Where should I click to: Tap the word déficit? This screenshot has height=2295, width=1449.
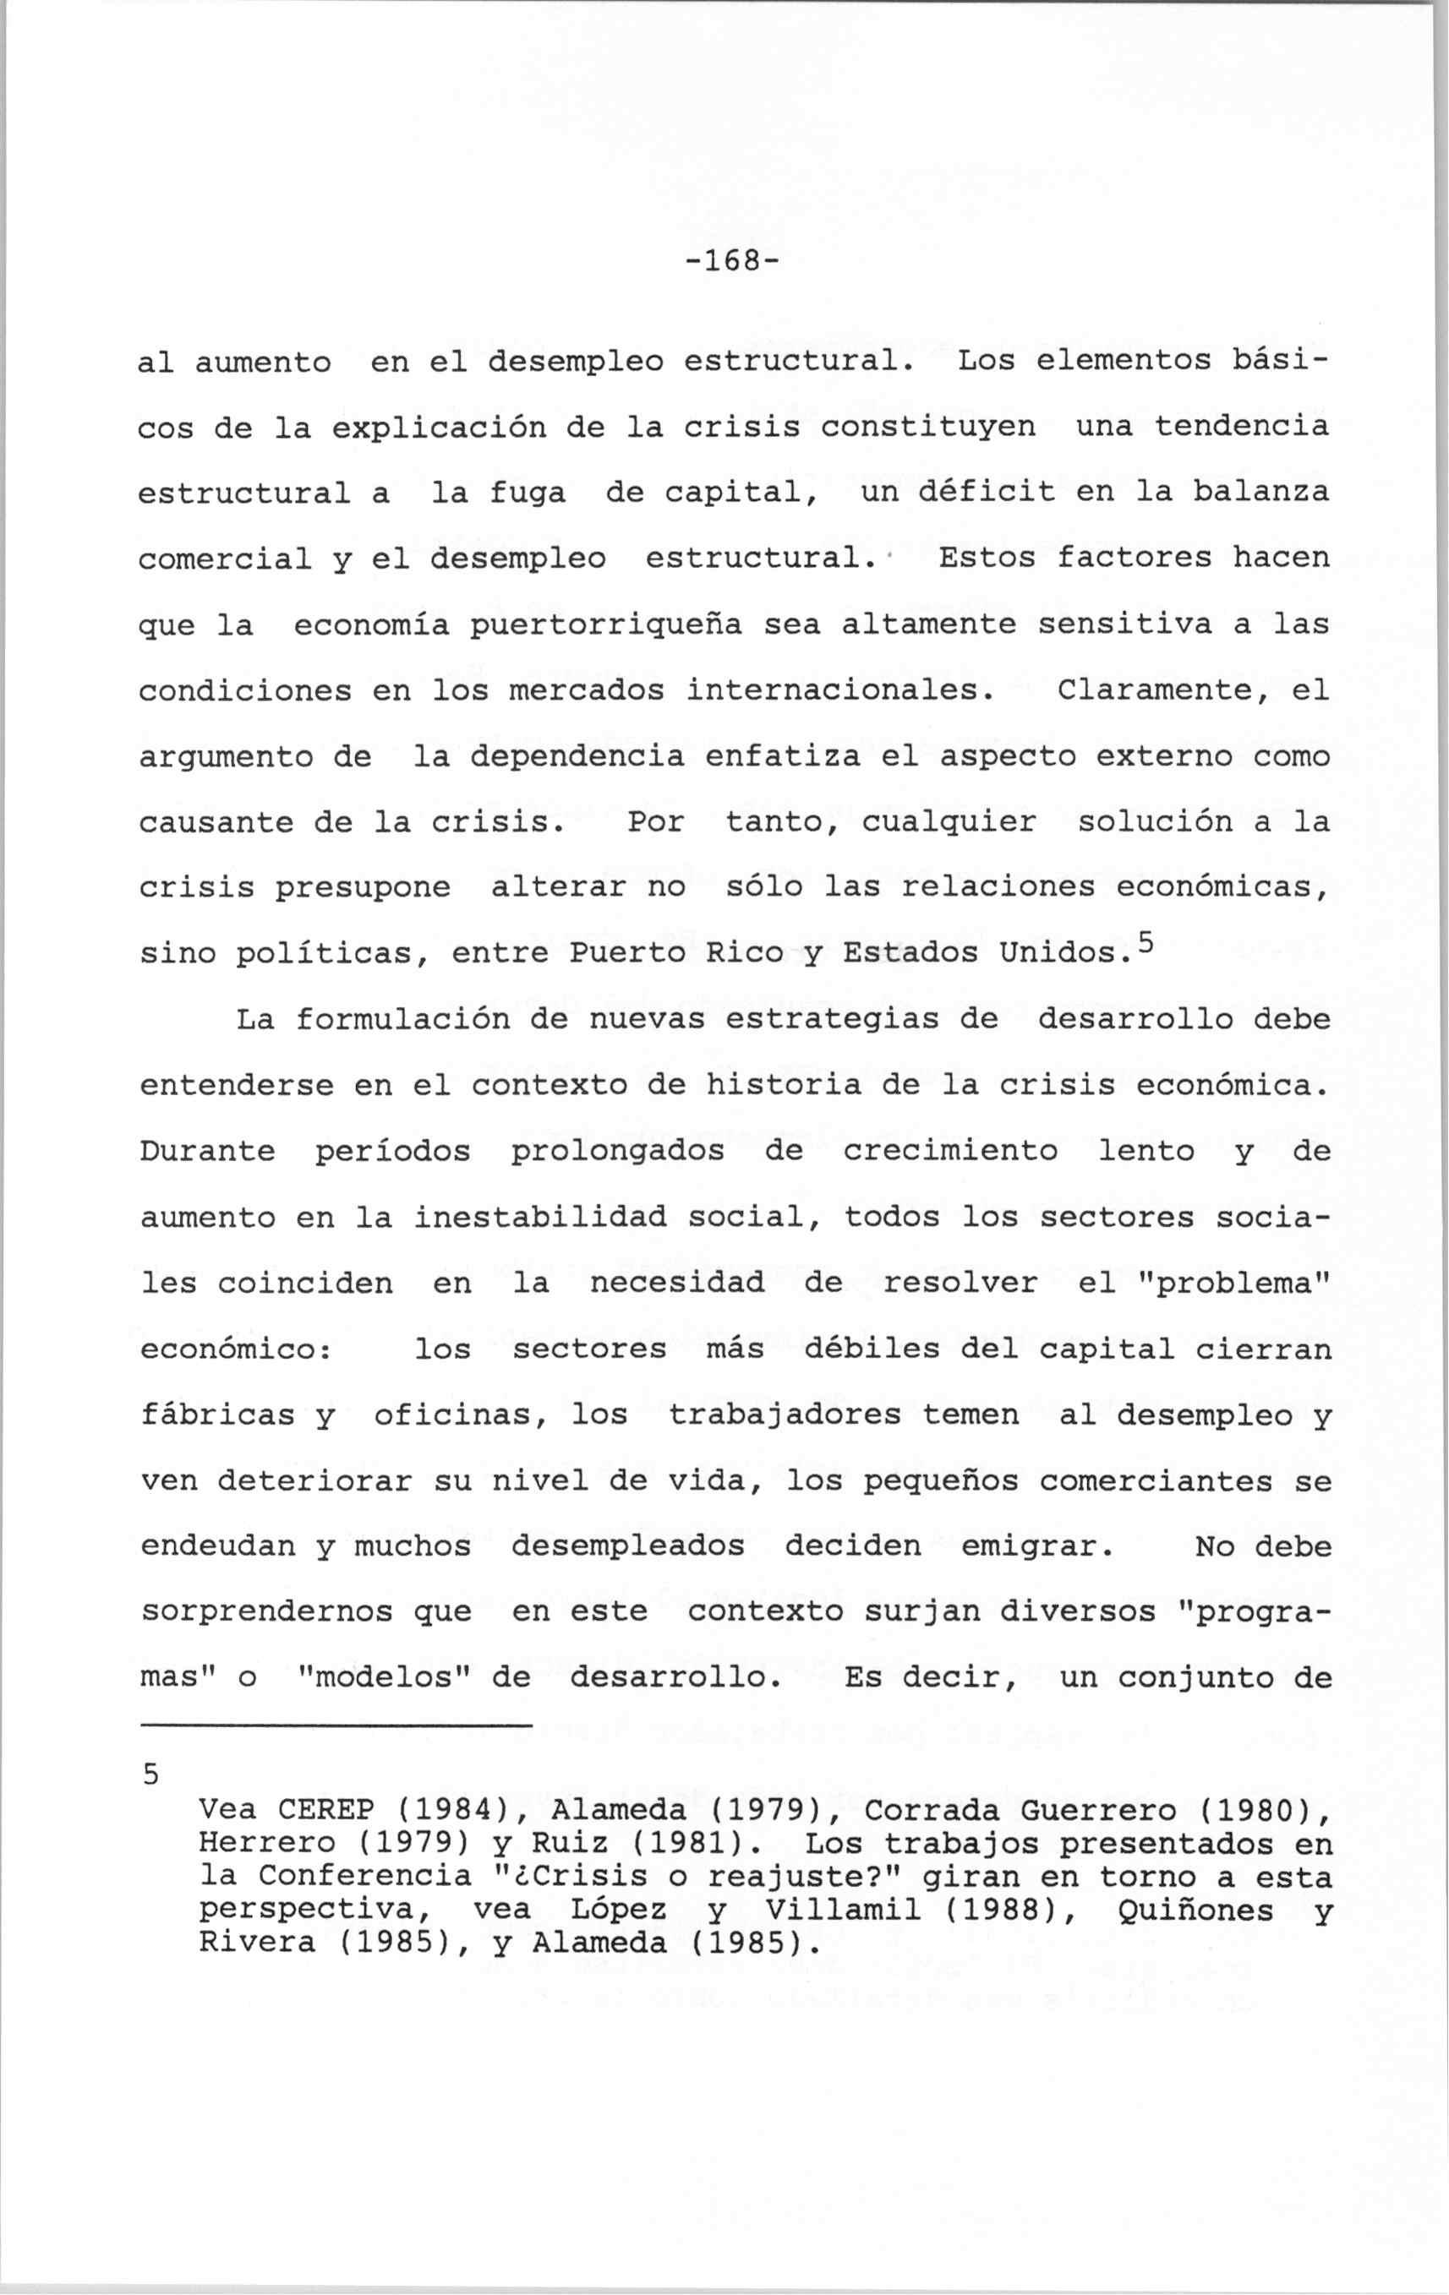tap(987, 492)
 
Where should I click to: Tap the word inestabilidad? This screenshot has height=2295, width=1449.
tap(539, 1217)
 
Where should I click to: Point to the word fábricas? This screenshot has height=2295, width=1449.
tap(217, 1415)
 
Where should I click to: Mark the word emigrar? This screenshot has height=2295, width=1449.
tap(1036, 1545)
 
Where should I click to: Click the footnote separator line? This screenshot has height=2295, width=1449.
tap(335, 1726)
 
